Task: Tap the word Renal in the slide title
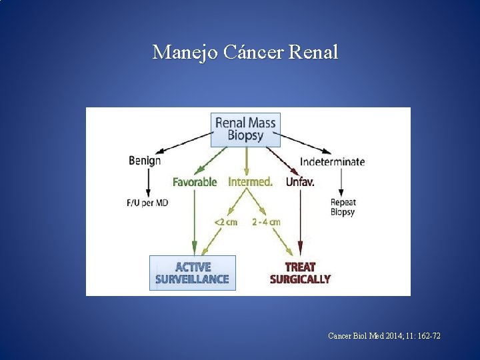(x=314, y=51)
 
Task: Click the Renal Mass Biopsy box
(x=245, y=129)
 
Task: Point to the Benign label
(x=145, y=161)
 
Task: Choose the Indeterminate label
(x=332, y=161)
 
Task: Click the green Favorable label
(x=195, y=181)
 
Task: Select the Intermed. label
(x=250, y=181)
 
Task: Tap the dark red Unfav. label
(x=300, y=181)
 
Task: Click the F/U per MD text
(x=147, y=203)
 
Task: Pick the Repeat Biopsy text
(x=343, y=207)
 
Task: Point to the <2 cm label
(x=225, y=222)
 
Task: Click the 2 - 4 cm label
(x=266, y=222)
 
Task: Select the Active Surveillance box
(x=192, y=273)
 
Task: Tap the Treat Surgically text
(x=300, y=273)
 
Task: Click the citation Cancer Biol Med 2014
(x=384, y=336)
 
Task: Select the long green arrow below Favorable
(x=195, y=220)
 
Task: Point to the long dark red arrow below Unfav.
(x=301, y=220)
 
